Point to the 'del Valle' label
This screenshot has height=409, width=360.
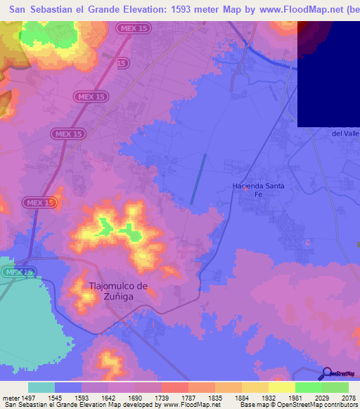pyautogui.click(x=345, y=133)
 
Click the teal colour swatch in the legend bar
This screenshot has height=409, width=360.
pyautogui.click(x=41, y=387)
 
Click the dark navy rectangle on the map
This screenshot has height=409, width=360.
pyautogui.click(x=328, y=73)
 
